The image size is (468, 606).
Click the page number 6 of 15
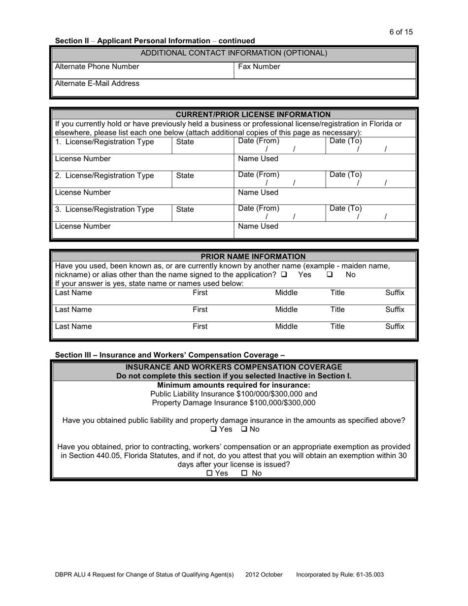401,32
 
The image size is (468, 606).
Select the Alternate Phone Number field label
97,67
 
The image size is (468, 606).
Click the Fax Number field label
259,67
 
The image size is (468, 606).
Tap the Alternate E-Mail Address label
97,83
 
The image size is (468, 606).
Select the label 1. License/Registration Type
104,142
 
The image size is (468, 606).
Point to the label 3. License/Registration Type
104,209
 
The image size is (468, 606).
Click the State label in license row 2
185,176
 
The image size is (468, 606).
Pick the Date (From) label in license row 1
259,141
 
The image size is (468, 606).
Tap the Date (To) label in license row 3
345,208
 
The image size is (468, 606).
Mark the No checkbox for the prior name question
330,274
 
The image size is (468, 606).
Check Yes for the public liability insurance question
213,429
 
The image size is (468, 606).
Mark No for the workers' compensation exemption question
244,473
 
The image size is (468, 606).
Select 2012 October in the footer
264,574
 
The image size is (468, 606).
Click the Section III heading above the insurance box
170,355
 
